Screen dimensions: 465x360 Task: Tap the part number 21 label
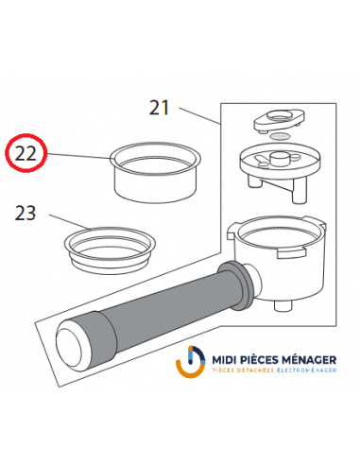pos(158,108)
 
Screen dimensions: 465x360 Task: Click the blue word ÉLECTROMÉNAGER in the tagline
pos(300,376)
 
